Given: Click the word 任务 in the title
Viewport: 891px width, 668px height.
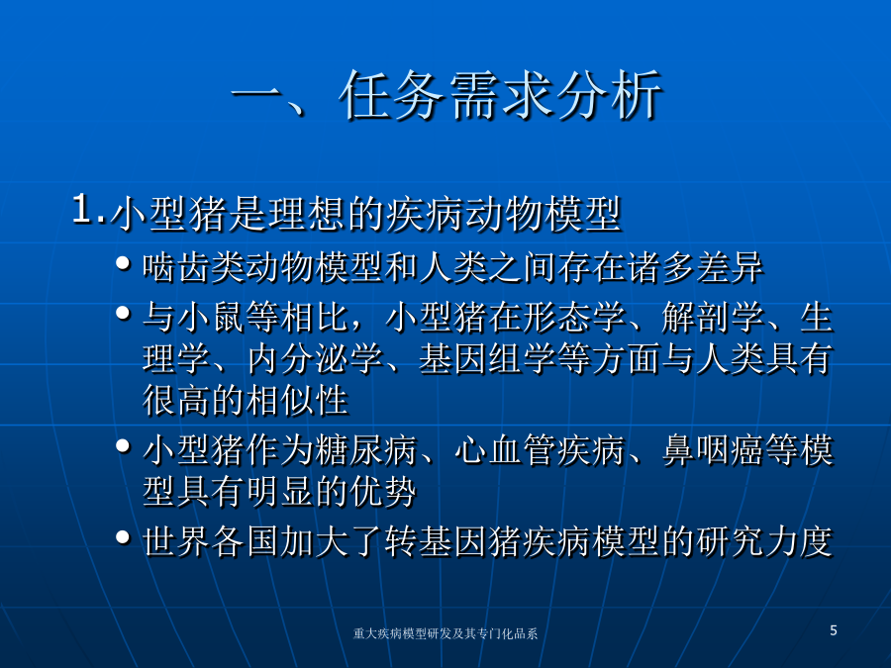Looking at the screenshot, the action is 391,95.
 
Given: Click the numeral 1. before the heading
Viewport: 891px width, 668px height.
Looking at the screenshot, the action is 89,209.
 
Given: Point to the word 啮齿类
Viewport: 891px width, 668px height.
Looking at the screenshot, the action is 194,267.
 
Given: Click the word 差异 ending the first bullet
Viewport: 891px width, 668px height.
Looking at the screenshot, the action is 729,267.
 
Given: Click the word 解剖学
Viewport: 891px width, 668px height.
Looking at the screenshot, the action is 713,317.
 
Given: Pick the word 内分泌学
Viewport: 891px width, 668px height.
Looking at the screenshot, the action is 316,359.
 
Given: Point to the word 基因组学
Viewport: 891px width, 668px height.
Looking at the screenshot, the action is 487,359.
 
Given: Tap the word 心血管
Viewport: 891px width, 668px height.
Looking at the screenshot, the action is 505,450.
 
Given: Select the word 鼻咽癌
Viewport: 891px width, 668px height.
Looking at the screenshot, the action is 713,450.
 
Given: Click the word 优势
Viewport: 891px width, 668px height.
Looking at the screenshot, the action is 383,492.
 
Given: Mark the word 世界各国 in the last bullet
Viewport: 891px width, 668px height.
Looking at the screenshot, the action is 211,541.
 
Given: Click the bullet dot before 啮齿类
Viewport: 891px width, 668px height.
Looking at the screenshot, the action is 124,263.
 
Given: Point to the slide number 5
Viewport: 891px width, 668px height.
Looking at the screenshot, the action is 834,630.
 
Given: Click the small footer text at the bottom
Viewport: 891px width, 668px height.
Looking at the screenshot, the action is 445,633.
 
